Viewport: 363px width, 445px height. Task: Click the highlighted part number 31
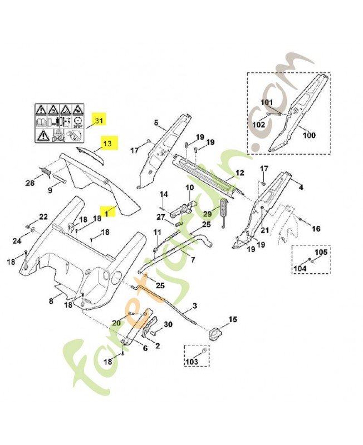pos(99,121)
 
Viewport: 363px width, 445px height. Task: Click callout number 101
pos(267,102)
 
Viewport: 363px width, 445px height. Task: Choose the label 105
pos(321,253)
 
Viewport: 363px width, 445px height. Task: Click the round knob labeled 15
pos(215,335)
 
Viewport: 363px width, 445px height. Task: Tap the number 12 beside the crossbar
pos(239,173)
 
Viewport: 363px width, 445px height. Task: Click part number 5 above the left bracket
pos(156,123)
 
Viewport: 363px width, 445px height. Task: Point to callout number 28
pos(30,183)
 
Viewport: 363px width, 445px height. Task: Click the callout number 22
pos(43,217)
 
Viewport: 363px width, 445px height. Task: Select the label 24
pos(16,241)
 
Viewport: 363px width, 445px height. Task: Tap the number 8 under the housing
pos(51,301)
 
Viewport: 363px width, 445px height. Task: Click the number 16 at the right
pos(316,229)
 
